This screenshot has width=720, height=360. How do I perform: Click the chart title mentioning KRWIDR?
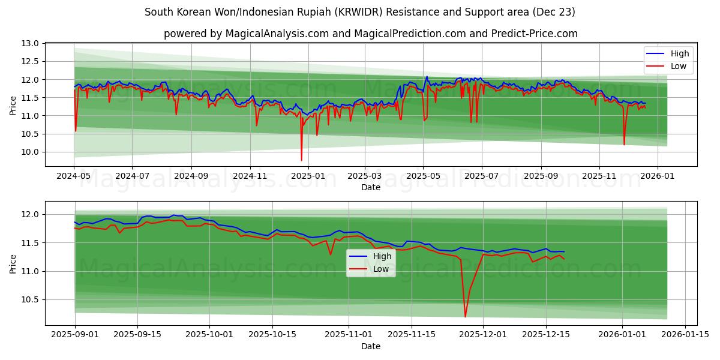[360, 12]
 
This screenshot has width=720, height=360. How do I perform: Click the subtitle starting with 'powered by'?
[370, 34]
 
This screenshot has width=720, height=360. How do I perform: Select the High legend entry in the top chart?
[679, 53]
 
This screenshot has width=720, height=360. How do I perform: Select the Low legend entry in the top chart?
[678, 66]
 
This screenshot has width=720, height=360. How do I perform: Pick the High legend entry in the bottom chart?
[382, 256]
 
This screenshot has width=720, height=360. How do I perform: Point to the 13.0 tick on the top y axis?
[31, 44]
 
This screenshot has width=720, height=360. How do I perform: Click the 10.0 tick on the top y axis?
[31, 152]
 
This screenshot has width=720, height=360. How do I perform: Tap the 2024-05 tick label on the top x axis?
[74, 177]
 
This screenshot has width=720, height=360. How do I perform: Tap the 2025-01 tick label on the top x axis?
[308, 177]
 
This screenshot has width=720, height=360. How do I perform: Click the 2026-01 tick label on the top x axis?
[658, 177]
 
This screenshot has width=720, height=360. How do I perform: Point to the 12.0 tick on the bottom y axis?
[31, 214]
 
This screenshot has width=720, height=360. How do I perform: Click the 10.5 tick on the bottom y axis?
[31, 299]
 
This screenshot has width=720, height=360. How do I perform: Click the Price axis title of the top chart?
[13, 105]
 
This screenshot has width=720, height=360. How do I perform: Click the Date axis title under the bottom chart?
[370, 346]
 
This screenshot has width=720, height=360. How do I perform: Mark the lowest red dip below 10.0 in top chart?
[302, 160]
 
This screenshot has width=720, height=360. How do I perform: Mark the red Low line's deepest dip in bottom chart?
[465, 316]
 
